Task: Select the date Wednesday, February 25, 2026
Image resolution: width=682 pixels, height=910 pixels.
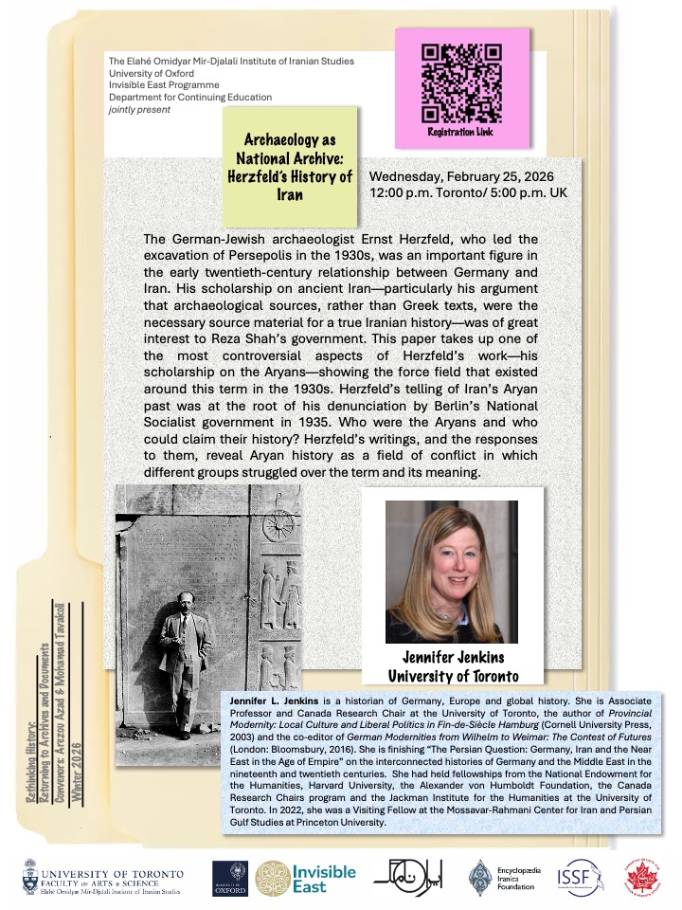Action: [x=461, y=177]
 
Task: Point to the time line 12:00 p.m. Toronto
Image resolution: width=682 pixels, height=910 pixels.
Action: [x=460, y=194]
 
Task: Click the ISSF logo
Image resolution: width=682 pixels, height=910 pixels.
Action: [x=575, y=878]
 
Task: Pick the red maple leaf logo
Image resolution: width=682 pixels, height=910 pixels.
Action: [x=642, y=878]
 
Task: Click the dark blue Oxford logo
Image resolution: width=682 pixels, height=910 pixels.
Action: [x=229, y=878]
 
